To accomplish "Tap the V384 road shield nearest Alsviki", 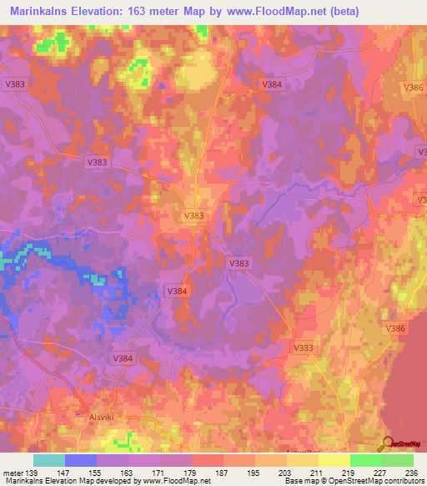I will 123,357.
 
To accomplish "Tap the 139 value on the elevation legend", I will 33,473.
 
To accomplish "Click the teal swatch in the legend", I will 49,460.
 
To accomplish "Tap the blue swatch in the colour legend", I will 81,460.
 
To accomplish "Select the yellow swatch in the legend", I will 334,460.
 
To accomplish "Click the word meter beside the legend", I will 13,473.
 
